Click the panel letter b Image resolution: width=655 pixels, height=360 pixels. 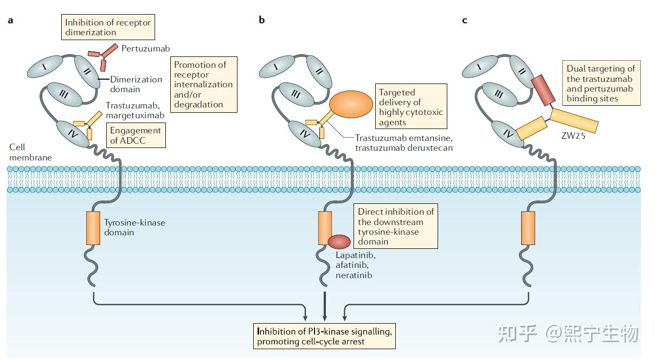coord(262,20)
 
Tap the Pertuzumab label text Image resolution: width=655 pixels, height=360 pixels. coord(146,48)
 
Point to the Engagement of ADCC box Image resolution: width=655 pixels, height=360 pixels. coord(136,136)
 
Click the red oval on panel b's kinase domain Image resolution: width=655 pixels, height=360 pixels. coord(339,242)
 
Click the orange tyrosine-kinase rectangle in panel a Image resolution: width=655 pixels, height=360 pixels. coord(93,228)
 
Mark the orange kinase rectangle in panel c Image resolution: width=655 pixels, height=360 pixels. coord(528,228)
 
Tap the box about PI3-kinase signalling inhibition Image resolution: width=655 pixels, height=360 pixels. coord(324,336)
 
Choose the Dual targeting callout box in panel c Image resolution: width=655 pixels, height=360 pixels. coord(601,83)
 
